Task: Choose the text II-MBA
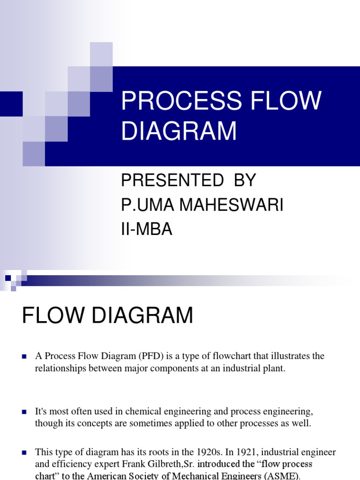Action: [147, 230]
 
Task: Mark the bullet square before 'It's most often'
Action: [24, 412]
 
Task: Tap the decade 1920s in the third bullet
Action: [203, 452]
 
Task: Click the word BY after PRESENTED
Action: [244, 180]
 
